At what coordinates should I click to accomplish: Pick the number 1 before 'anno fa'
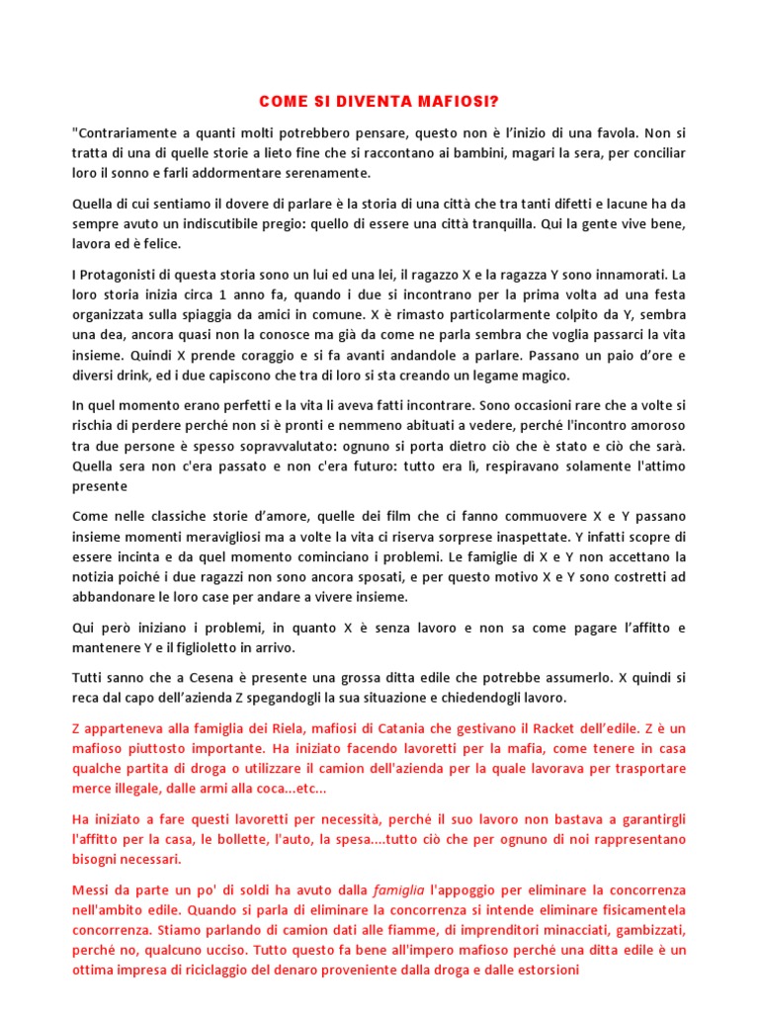222,295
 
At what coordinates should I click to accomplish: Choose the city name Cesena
219,678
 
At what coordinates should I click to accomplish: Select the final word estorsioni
542,970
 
